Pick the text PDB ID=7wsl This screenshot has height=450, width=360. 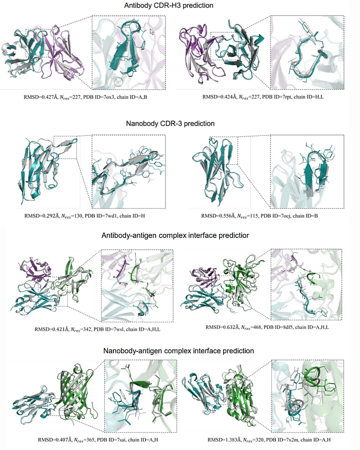click(x=112, y=329)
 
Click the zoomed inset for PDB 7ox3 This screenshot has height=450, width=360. click(x=128, y=52)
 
